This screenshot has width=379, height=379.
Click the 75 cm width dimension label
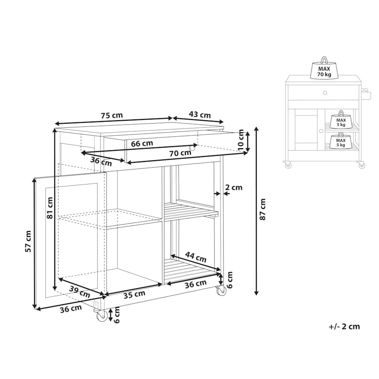coord(112,115)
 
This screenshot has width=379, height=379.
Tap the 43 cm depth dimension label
coord(200,115)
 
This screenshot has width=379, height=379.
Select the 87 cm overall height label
coord(263,209)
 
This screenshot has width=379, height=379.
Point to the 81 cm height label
coord(49,208)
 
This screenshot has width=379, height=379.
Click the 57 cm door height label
coord(28,241)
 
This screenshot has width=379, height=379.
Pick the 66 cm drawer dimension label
coord(142,144)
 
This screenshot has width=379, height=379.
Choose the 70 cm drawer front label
coord(180,153)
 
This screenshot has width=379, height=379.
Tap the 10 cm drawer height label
coord(241,140)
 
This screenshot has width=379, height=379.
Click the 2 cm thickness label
coord(234,187)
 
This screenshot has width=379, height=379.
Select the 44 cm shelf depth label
coord(196,257)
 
